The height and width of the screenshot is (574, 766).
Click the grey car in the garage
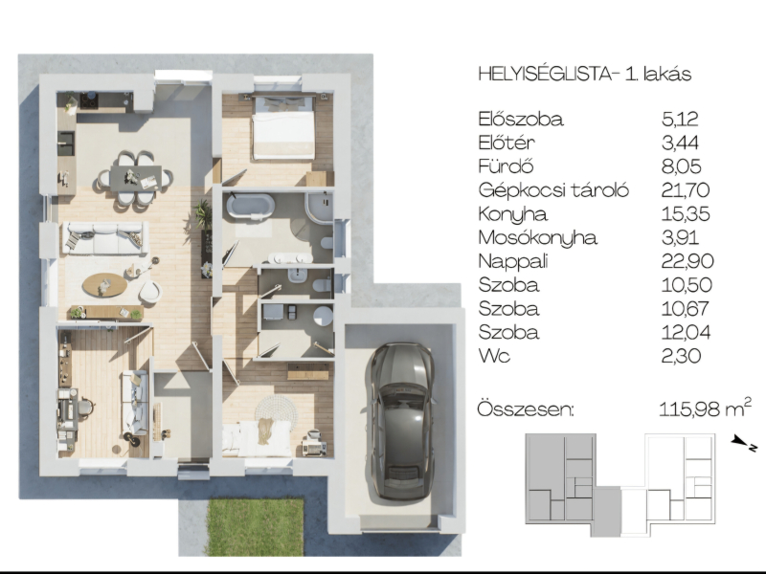[x=401, y=421]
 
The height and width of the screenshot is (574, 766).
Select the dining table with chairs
[x=134, y=179]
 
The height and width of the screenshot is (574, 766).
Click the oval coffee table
[x=104, y=284]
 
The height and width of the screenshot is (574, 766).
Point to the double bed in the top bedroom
[x=283, y=128]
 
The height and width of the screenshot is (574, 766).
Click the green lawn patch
[x=255, y=527]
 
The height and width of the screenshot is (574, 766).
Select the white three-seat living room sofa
[x=105, y=237]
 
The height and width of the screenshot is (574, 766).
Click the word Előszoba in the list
[x=521, y=119]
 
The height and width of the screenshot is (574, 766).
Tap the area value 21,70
[x=685, y=189]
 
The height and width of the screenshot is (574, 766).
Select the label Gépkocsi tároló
[x=553, y=190]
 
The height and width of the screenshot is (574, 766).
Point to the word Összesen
[x=525, y=409]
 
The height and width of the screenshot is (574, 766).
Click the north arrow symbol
[x=744, y=443]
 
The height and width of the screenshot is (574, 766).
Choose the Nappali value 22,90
[x=687, y=261]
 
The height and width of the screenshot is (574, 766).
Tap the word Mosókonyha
[x=537, y=237]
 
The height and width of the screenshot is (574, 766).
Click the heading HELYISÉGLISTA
[x=545, y=74]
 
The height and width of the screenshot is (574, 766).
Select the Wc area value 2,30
[x=681, y=356]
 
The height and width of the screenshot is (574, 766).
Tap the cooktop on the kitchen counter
[x=89, y=100]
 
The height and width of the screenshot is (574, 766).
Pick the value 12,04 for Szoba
[x=686, y=332]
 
